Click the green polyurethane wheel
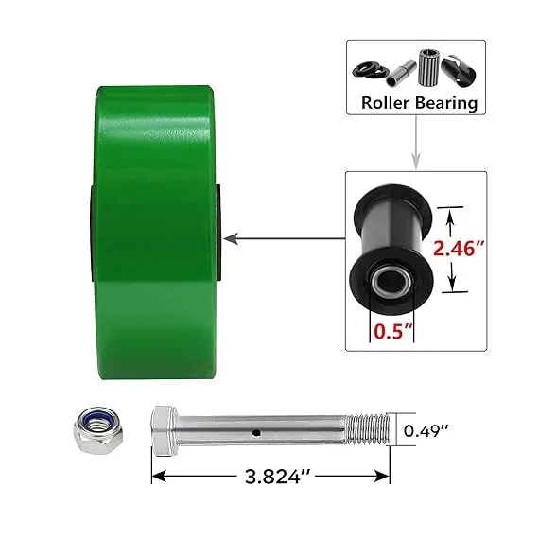pos(153,233)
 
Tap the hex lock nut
pos(98,430)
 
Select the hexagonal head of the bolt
pos(164,430)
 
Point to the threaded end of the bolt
pos(368,429)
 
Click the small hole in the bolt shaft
pos(255,432)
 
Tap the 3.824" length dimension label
pos(278,477)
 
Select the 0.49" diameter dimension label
pos(426,430)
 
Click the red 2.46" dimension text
pos(459,248)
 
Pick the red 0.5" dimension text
pos(393,331)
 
